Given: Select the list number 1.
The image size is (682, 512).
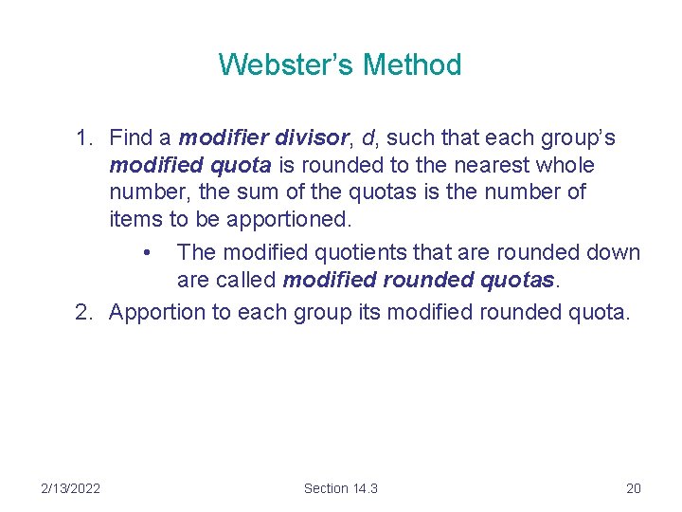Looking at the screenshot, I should click(84, 138).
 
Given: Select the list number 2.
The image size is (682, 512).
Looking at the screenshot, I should click(84, 312).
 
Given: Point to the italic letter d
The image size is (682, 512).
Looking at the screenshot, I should click(368, 138).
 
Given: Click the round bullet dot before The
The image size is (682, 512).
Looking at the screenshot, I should click(146, 253).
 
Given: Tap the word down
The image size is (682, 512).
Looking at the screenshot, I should click(611, 253).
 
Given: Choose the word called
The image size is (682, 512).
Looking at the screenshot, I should click(245, 281).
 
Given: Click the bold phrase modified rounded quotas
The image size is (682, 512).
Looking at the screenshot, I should click(418, 281).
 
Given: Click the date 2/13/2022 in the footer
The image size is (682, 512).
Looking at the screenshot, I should click(71, 487).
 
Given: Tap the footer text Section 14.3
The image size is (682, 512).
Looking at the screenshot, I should click(340, 487).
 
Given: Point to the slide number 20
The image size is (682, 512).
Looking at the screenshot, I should click(634, 487).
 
